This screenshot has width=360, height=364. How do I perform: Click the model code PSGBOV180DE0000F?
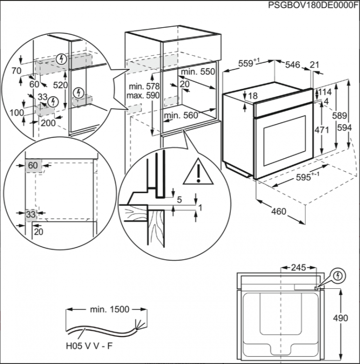click(313, 5)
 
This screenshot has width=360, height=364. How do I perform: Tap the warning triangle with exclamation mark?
click(198, 172)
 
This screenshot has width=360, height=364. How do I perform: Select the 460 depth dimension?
click(278, 212)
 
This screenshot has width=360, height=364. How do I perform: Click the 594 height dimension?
click(344, 128)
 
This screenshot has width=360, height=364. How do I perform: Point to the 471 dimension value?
click(322, 130)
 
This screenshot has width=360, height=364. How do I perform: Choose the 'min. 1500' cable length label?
click(110, 309)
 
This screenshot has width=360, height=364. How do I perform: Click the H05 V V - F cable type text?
click(89, 346)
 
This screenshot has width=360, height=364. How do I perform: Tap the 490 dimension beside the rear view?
click(341, 318)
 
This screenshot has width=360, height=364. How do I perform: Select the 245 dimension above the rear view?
click(298, 267)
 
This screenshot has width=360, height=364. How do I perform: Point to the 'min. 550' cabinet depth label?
click(198, 72)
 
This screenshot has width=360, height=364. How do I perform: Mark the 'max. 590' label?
click(143, 96)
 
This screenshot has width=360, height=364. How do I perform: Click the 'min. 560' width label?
click(181, 116)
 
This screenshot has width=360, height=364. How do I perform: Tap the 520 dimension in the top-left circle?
click(60, 85)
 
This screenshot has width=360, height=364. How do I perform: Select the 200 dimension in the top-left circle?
click(49, 123)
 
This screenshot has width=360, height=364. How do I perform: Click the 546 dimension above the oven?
click(293, 65)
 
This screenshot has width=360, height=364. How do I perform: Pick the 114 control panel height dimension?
click(325, 92)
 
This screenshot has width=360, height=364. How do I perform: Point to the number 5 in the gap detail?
click(179, 199)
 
